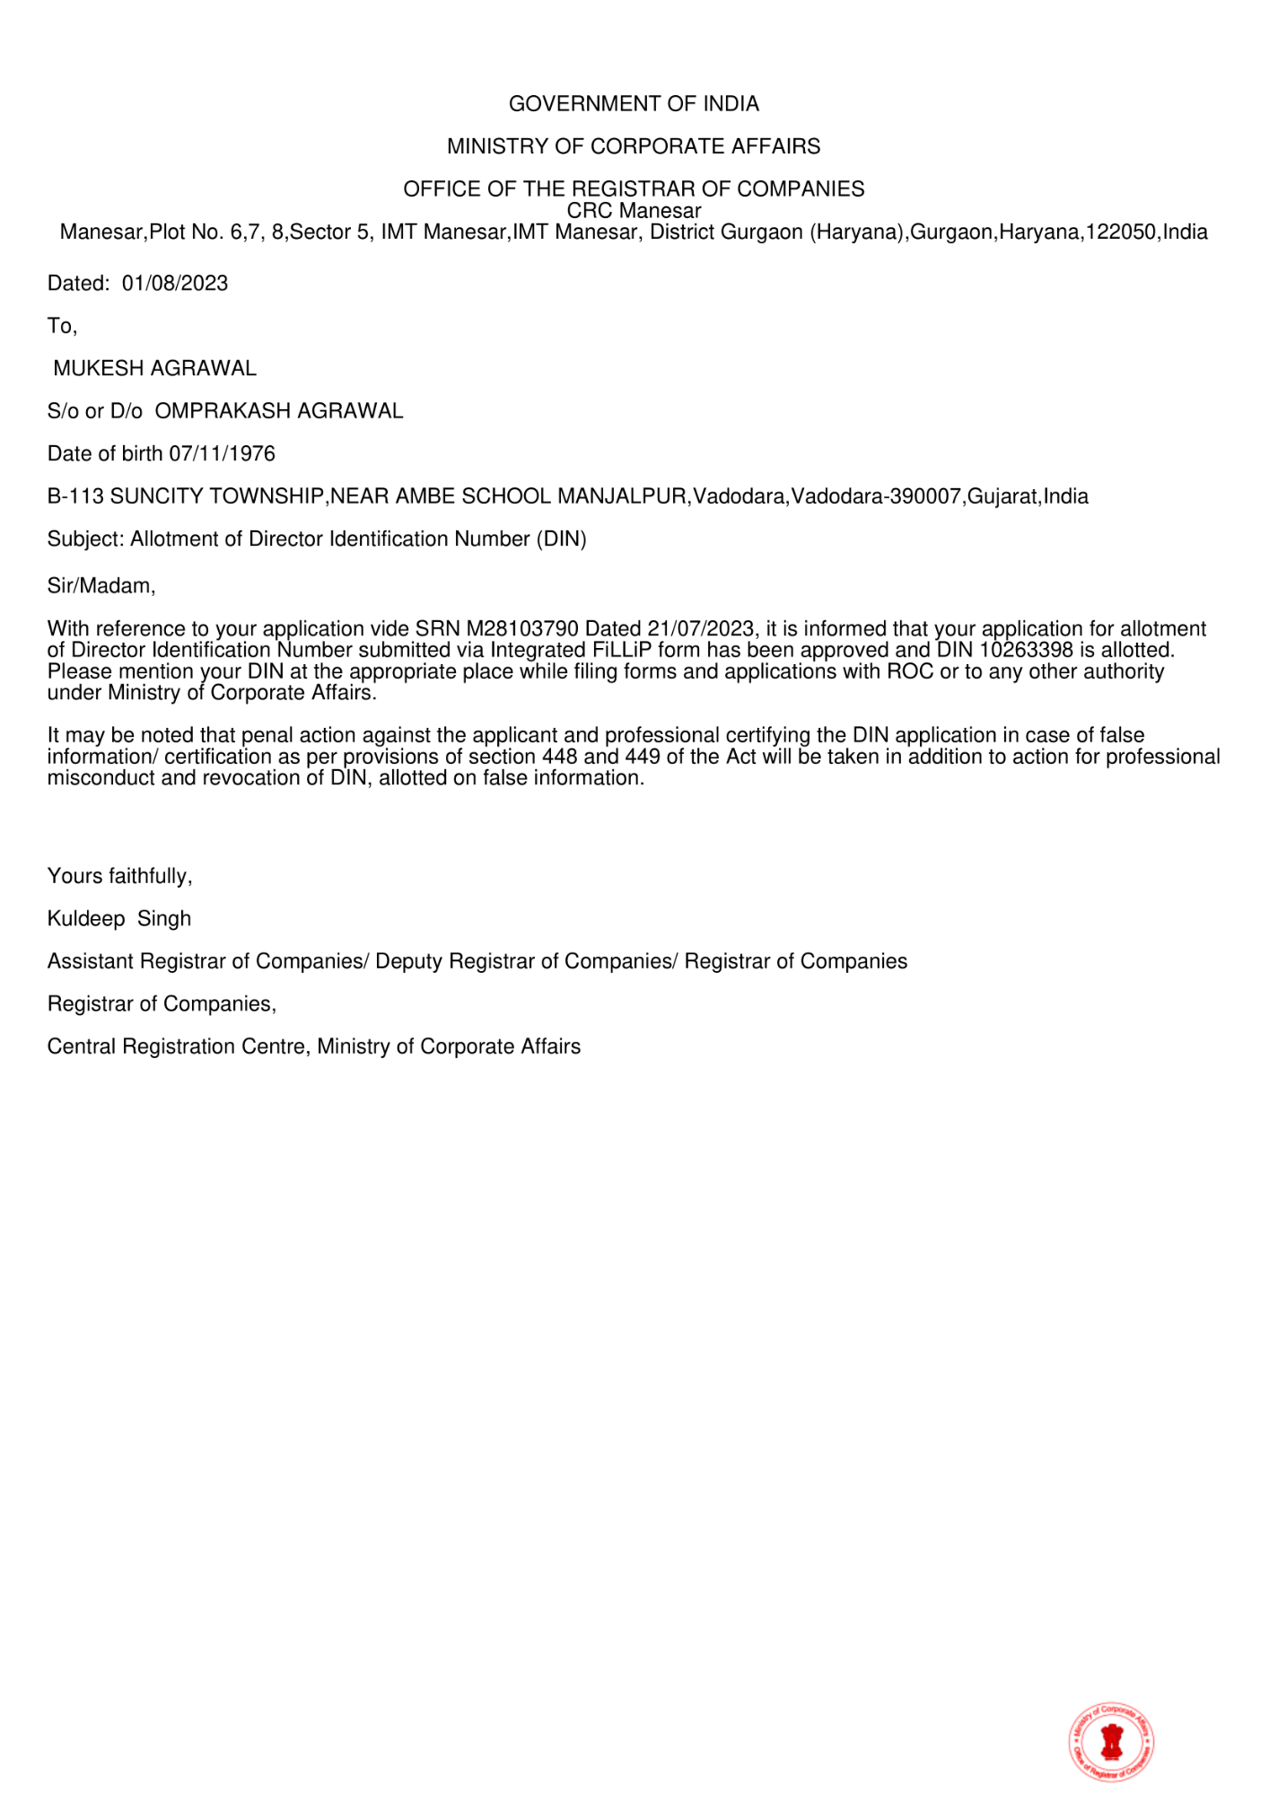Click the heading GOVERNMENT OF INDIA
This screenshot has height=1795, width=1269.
[634, 104]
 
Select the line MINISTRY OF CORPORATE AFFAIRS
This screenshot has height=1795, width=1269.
[634, 146]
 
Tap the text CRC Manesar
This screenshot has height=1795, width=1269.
[634, 211]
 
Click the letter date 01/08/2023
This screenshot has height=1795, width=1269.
[175, 284]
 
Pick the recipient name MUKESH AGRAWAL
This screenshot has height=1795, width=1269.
[155, 369]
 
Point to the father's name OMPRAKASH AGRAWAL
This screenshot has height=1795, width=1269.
[279, 411]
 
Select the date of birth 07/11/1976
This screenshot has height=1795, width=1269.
[223, 454]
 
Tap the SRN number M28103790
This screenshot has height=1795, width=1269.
[522, 629]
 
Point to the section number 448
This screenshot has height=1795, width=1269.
[560, 757]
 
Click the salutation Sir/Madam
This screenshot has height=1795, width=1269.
[101, 586]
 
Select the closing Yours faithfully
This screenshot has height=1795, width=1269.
[120, 876]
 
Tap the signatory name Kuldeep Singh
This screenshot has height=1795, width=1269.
[119, 919]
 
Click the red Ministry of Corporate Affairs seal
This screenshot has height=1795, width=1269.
[1112, 1742]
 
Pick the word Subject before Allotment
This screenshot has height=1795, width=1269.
[84, 539]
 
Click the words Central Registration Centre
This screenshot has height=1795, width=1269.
[176, 1047]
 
